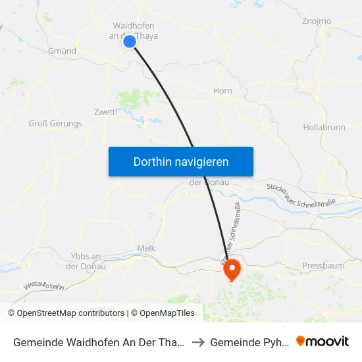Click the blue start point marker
pyautogui.click(x=130, y=41)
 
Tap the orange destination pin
pyautogui.click(x=232, y=269)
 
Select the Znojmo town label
pyautogui.click(x=316, y=21)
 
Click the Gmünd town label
pyautogui.click(x=62, y=51)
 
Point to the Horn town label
pyautogui.click(x=223, y=91)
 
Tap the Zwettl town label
pyautogui.click(x=105, y=111)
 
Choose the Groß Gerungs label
pyautogui.click(x=55, y=123)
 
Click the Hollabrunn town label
pyautogui.click(x=324, y=127)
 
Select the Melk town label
pyautogui.click(x=145, y=249)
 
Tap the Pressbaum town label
pyautogui.click(x=323, y=265)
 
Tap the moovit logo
pyautogui.click(x=323, y=341)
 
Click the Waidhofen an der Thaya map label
pyautogui.click(x=134, y=30)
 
